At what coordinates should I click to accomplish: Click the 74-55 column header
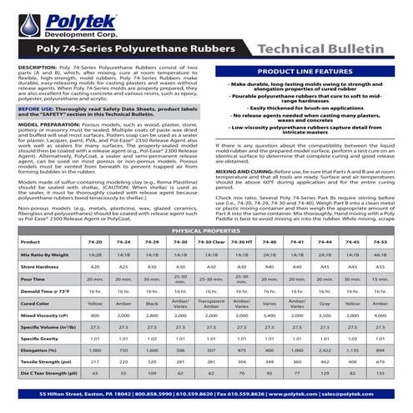click(380, 218)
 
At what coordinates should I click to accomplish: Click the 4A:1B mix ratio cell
click(380, 231)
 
